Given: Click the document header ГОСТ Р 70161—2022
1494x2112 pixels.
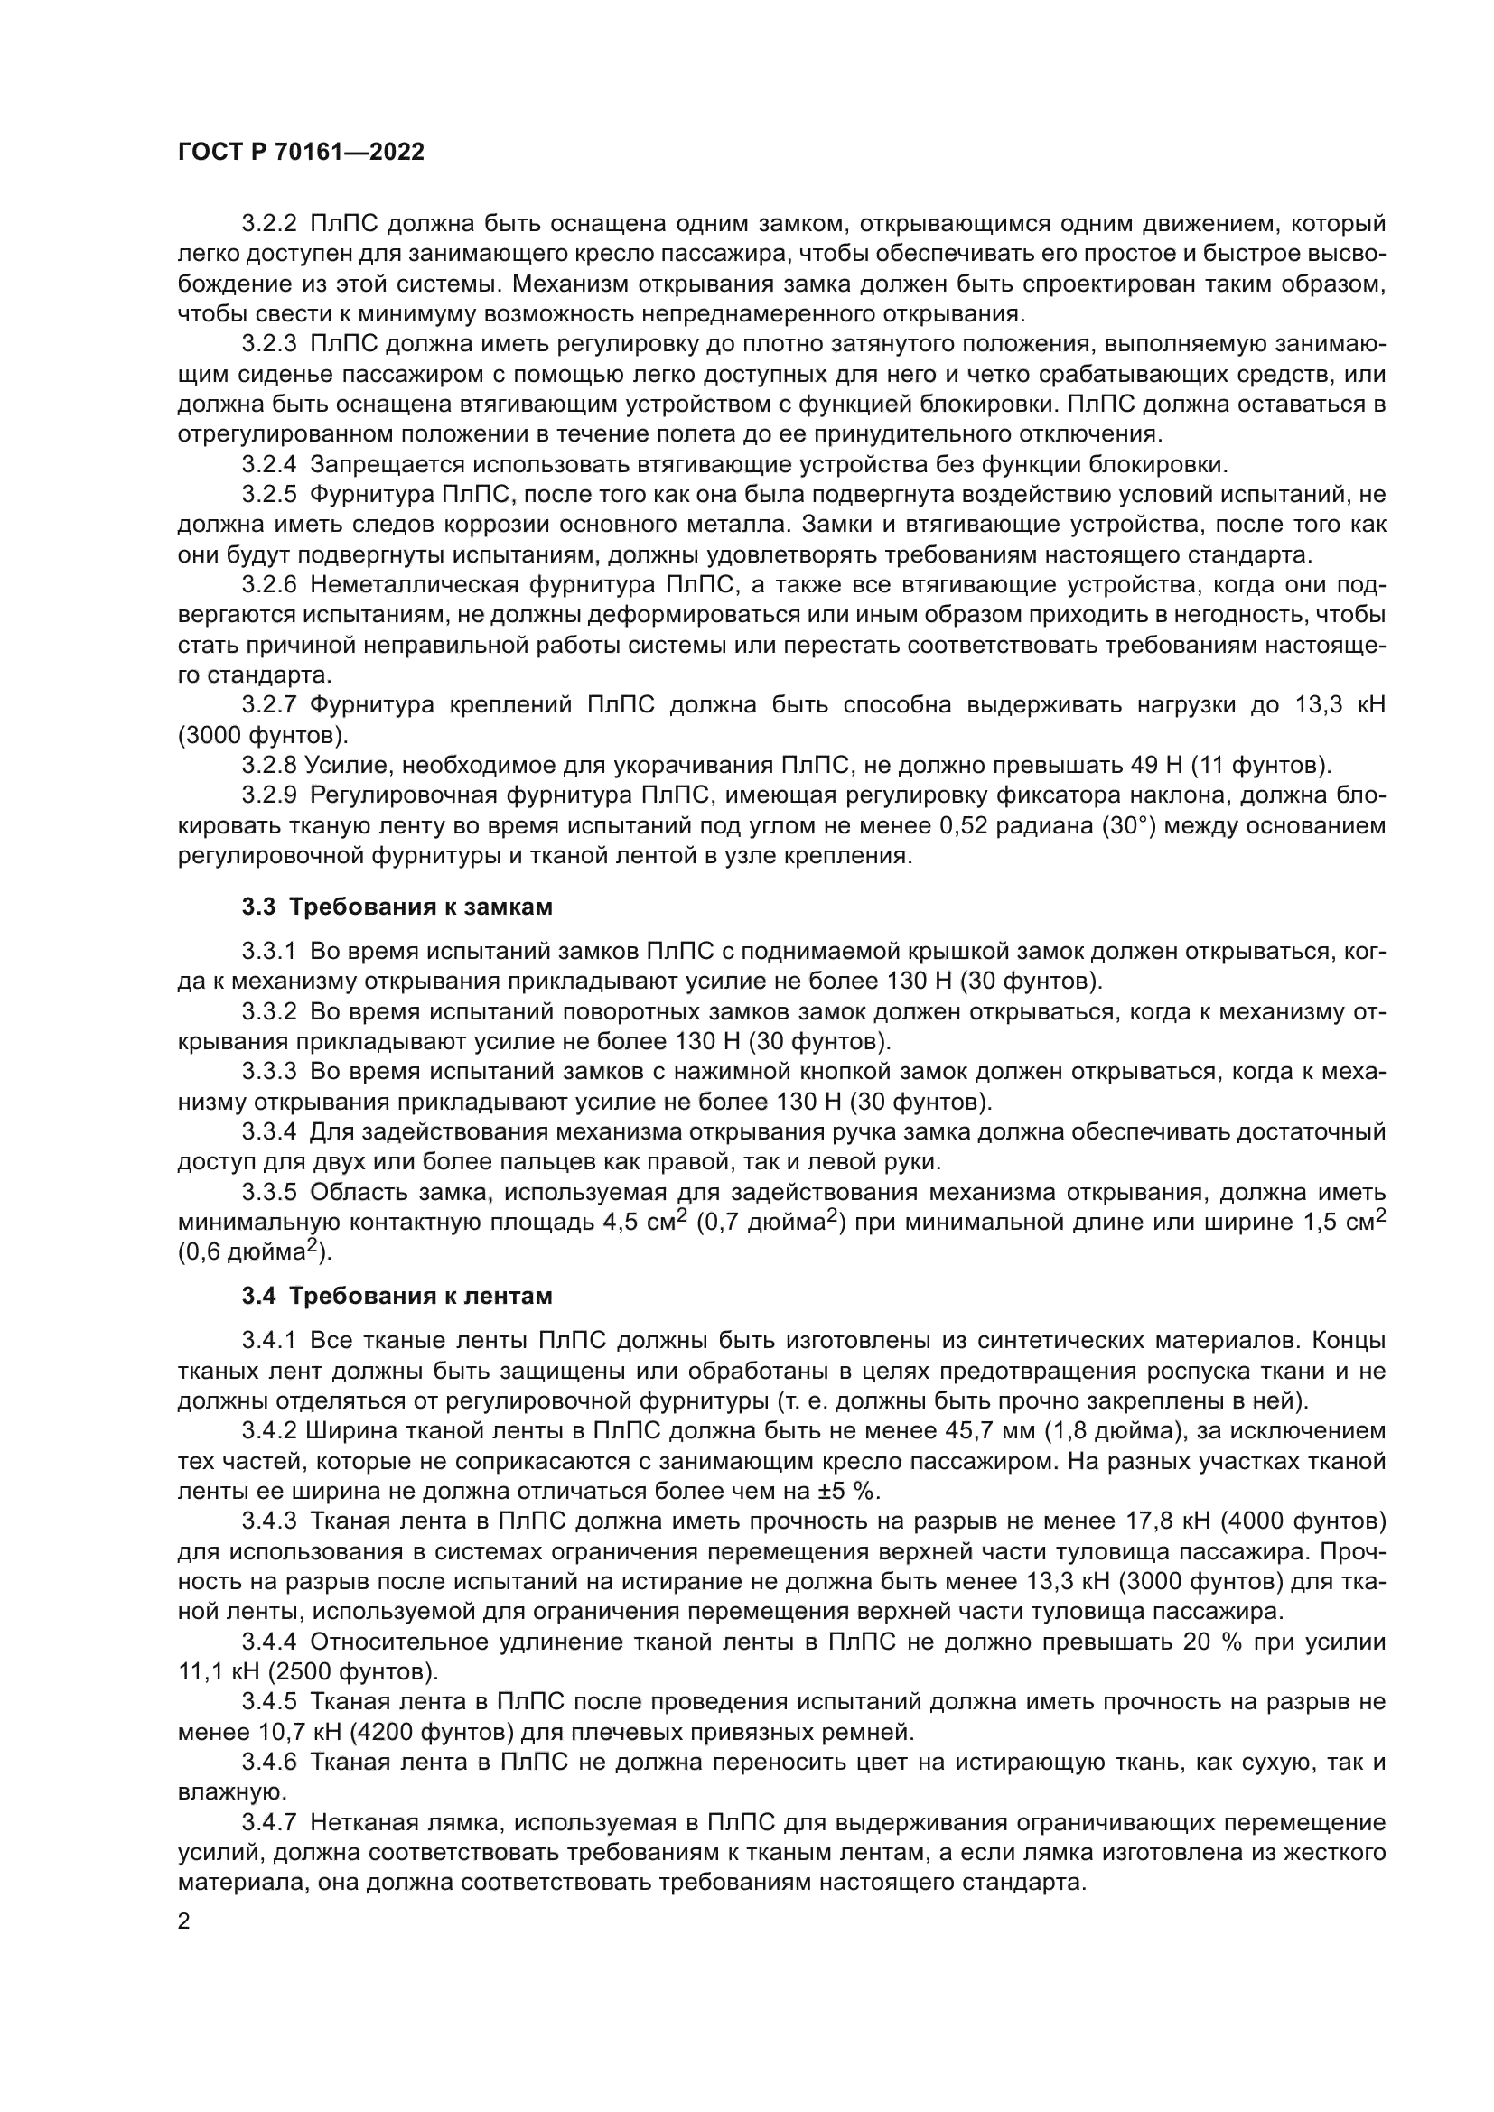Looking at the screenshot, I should [301, 153].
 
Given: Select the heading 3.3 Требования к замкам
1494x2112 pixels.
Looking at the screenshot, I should [397, 907].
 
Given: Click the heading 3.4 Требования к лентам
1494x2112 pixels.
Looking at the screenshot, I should [397, 1296].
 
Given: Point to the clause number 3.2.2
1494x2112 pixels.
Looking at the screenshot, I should [268, 225].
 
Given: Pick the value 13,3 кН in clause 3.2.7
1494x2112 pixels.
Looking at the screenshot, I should [1340, 705].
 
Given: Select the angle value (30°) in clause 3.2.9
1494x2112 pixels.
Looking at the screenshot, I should [1128, 826].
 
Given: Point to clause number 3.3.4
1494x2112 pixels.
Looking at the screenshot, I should [268, 1131].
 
